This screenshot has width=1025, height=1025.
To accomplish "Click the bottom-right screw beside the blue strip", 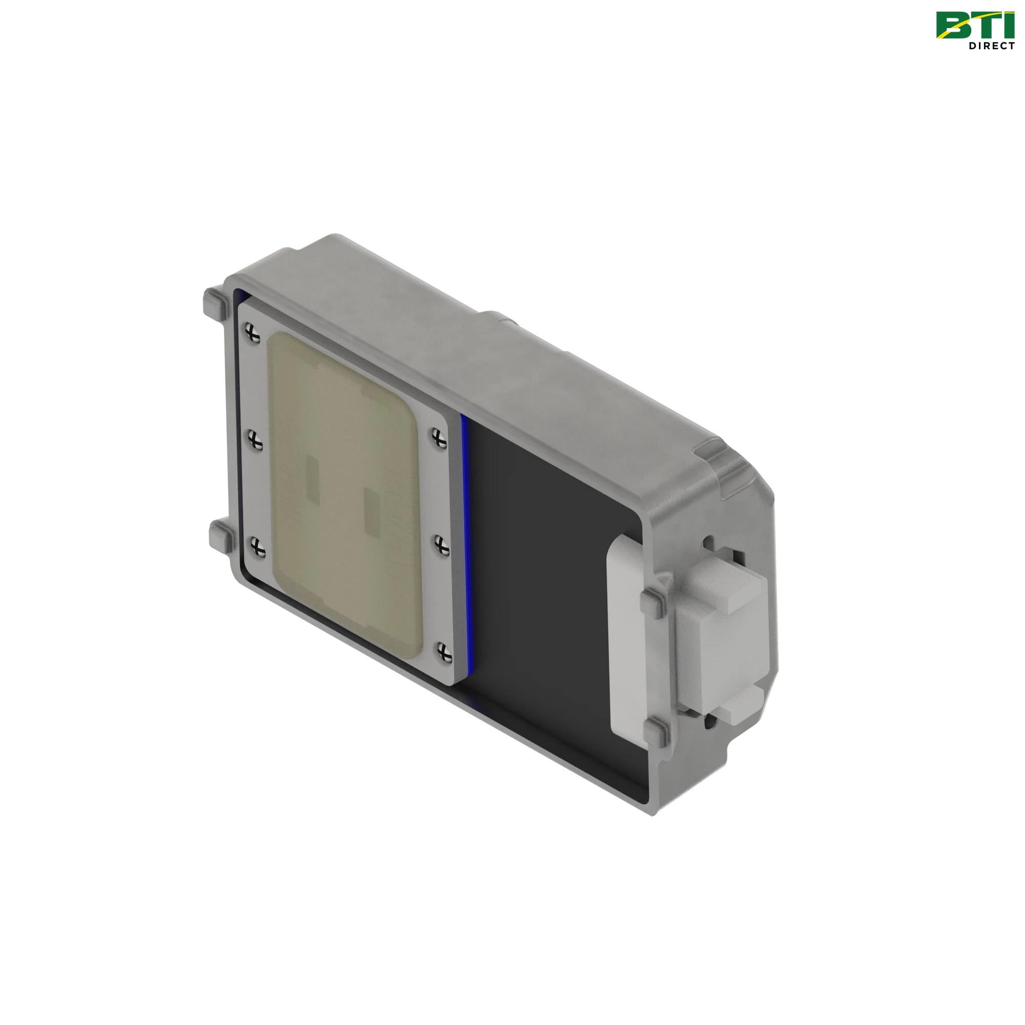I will coord(444,650).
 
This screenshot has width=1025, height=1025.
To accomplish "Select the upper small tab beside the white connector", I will coord(653,603).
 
